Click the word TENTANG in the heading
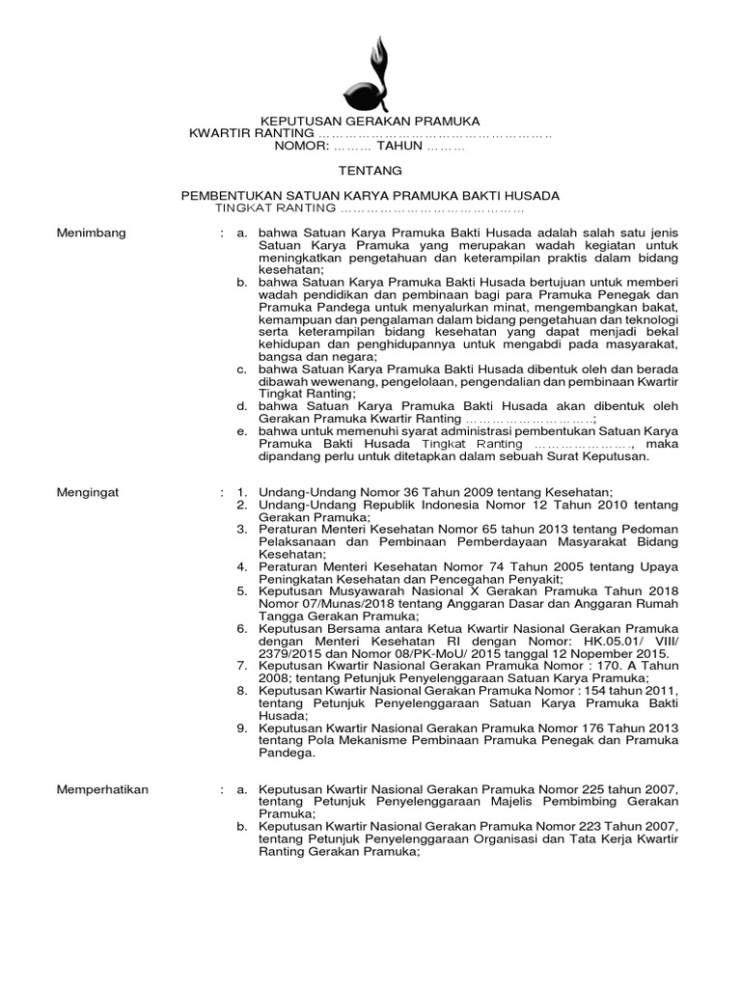pyautogui.click(x=370, y=171)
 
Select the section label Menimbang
pyautogui.click(x=91, y=233)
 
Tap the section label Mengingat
pyautogui.click(x=88, y=491)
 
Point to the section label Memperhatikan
pyautogui.click(x=103, y=788)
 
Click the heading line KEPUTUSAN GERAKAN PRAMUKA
pyautogui.click(x=370, y=121)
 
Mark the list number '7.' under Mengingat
pyautogui.click(x=243, y=666)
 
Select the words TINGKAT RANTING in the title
pyautogui.click(x=274, y=208)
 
